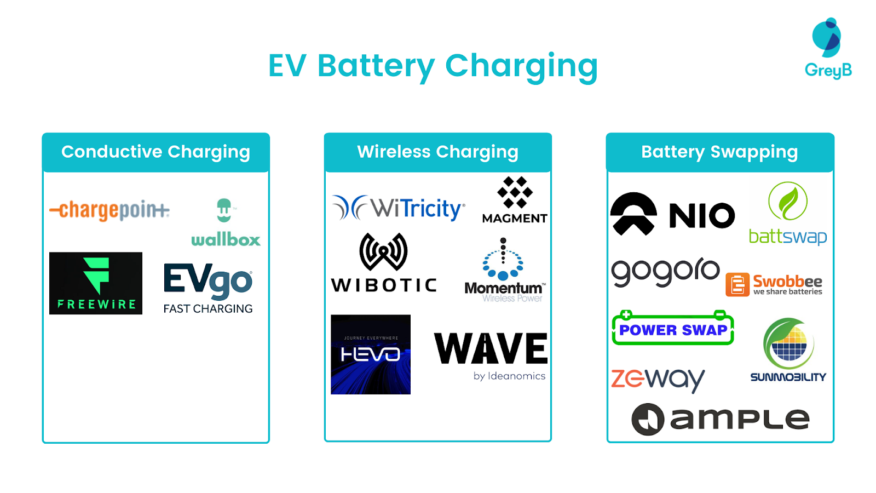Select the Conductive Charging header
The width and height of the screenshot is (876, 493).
(x=155, y=152)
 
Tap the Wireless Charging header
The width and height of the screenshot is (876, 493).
(x=437, y=152)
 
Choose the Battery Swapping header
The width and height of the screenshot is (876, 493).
(x=719, y=152)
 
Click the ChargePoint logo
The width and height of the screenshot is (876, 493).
(x=109, y=210)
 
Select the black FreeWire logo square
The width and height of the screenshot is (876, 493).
(x=96, y=283)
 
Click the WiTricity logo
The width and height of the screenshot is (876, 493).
(x=399, y=208)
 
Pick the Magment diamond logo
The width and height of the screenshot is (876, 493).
(x=515, y=192)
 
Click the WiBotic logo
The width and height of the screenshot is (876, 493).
(x=384, y=263)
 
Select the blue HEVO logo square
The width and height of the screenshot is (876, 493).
(x=371, y=354)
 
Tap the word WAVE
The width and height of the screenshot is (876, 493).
(x=491, y=349)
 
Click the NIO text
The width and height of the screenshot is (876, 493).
(x=702, y=215)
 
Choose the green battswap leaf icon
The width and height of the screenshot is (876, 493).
(x=788, y=201)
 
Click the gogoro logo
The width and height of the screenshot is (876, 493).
(x=665, y=271)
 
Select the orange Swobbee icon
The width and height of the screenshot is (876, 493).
(x=737, y=285)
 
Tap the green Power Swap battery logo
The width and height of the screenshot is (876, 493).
(x=673, y=329)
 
